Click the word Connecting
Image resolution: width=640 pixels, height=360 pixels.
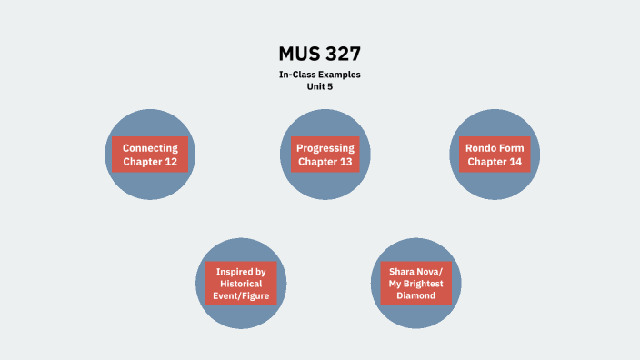[x=150, y=148]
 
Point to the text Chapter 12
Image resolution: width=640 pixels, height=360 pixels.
[x=150, y=162]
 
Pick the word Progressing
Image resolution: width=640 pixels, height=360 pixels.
[x=325, y=148]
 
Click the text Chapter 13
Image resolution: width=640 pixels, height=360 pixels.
[x=325, y=162]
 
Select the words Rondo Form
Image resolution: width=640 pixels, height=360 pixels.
[x=495, y=148]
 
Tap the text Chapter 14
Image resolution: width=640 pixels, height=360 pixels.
[x=495, y=162]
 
